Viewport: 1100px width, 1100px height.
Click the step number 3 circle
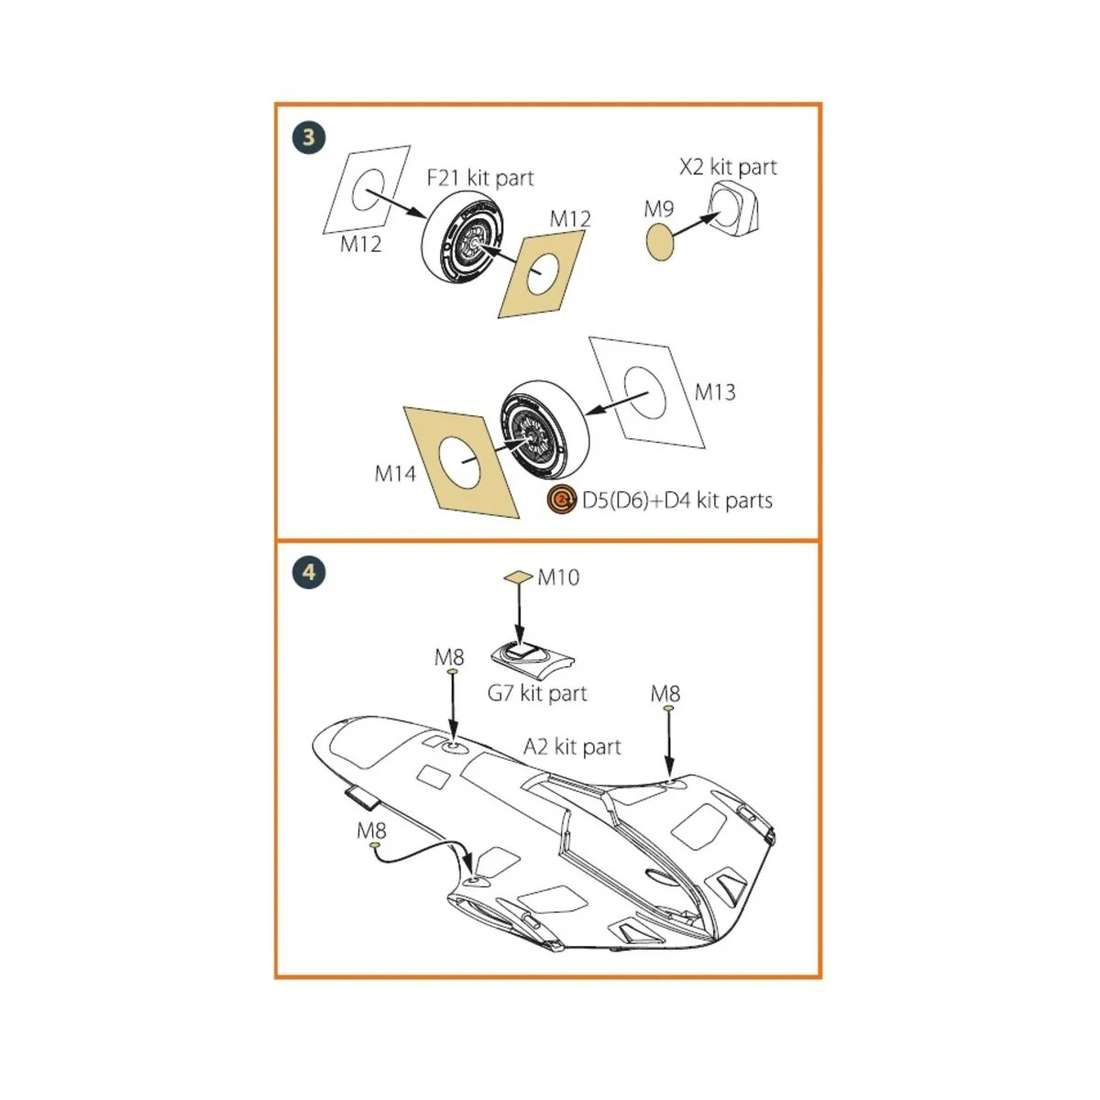(309, 137)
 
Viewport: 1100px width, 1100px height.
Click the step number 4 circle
(309, 573)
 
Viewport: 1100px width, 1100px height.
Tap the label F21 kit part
(480, 178)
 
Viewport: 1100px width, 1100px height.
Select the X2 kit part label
(728, 167)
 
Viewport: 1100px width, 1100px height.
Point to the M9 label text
(658, 209)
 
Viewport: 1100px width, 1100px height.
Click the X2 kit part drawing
(733, 208)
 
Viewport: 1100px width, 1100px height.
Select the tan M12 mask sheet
(541, 274)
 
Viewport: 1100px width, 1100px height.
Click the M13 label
(715, 392)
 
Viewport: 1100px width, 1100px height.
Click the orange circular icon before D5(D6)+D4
(561, 500)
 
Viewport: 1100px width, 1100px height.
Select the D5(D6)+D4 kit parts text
(677, 500)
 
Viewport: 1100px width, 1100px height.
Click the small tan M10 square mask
(518, 577)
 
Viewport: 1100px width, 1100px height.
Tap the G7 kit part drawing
(532, 656)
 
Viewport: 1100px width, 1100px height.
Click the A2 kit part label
(572, 747)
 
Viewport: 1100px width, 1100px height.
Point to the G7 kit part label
(537, 693)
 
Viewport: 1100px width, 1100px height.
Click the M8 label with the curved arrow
(371, 830)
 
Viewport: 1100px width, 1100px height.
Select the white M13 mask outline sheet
(646, 391)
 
